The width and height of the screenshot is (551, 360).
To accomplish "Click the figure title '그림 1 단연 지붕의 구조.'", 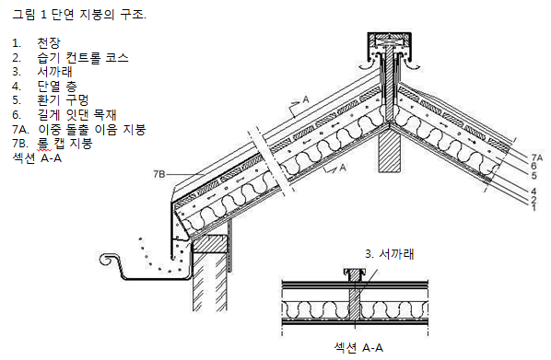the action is (x=79, y=15).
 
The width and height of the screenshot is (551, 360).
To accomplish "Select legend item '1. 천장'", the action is (x=36, y=43).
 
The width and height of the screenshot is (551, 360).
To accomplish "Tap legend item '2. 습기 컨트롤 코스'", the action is (x=70, y=58).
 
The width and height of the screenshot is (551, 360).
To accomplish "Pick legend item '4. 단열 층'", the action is (x=44, y=86).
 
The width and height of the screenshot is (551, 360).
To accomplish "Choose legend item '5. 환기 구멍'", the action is (x=51, y=100).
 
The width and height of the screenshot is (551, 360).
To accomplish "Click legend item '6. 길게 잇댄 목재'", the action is (x=64, y=115).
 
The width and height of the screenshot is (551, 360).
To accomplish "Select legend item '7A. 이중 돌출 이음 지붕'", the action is (x=79, y=129).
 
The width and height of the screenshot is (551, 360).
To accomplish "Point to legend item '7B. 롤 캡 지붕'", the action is (x=53, y=144).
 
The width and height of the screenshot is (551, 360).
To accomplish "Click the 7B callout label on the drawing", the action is (x=159, y=174).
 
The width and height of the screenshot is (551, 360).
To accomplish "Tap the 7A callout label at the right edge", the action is (x=536, y=158).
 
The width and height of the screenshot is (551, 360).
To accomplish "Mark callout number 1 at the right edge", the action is (x=533, y=207).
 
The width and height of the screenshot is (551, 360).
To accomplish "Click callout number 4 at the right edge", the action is (x=533, y=192).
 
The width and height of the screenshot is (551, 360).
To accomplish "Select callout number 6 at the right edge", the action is (x=533, y=166).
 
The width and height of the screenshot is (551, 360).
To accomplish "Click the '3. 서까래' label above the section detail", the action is (x=390, y=254).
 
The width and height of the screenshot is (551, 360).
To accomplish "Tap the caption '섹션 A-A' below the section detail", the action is (x=358, y=348).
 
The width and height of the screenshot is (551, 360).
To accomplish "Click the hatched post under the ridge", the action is (x=390, y=149).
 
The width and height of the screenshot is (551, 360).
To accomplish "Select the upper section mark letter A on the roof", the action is (x=306, y=99).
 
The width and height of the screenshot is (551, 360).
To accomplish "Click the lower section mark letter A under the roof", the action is (x=343, y=168).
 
